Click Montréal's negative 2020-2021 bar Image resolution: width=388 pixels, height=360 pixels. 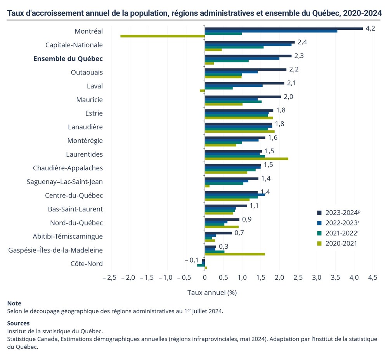click(163, 36)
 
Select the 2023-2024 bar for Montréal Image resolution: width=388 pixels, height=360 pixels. click(284, 28)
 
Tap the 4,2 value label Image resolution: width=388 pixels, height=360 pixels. click(370, 28)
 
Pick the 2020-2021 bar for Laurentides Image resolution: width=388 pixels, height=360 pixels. click(246, 159)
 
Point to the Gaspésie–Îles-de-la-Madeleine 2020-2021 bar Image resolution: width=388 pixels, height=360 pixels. click(235, 254)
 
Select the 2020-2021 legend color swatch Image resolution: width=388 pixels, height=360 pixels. click(319, 244)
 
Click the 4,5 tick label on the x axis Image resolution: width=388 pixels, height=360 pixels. click(372, 278)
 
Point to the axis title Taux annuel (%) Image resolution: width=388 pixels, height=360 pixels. click(212, 292)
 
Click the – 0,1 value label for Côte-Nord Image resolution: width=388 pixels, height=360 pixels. click(192, 260)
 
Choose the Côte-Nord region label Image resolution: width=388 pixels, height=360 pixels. click(87, 264)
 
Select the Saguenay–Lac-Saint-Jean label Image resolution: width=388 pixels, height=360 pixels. click(65, 182)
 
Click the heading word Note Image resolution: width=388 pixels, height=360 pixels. click(14, 303)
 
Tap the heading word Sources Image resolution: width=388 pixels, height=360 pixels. click(18, 323)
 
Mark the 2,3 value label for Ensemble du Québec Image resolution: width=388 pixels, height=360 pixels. click(299, 56)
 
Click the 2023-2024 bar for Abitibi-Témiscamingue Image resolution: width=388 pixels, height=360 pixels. click(218, 233)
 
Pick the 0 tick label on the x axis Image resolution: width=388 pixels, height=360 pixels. click(205, 278)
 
